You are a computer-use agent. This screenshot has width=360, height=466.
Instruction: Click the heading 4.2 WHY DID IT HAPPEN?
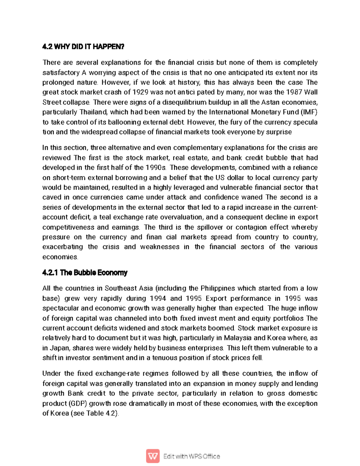83,47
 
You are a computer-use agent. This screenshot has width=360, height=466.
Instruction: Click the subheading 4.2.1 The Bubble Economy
85,273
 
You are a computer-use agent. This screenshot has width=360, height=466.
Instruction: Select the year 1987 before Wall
294,92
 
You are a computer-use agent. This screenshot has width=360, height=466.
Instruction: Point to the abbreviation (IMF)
309,112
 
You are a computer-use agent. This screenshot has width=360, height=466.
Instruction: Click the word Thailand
93,112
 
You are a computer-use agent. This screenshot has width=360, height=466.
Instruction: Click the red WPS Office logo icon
153,456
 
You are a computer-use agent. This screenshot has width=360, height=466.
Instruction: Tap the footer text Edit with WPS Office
192,456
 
